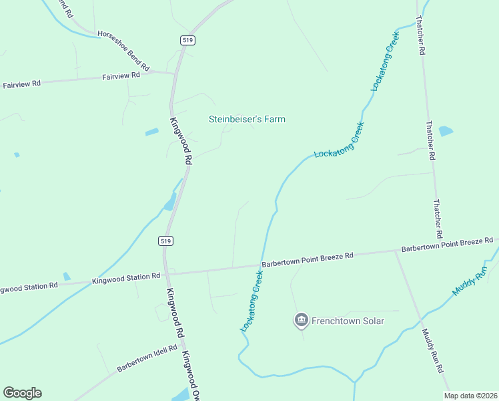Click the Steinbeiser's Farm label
[247, 120]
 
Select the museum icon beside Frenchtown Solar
[301, 321]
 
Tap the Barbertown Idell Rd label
[147, 358]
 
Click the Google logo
[22, 393]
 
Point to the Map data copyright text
[471, 396]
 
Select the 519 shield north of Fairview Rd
[187, 40]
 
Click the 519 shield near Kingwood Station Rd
[166, 241]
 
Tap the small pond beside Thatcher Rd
[445, 131]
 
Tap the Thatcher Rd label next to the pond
[430, 141]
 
